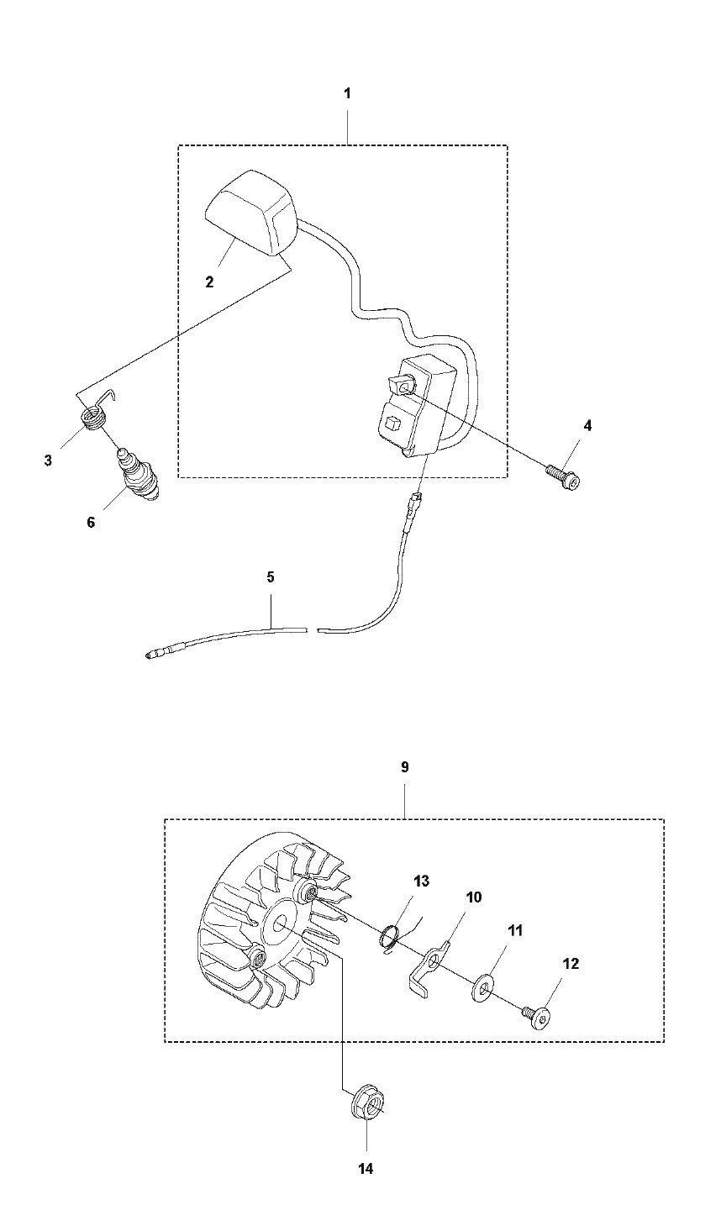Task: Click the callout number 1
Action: (348, 93)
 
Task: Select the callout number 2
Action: (209, 282)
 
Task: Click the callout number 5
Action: (270, 577)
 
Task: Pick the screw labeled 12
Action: (534, 1017)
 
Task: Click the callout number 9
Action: (405, 767)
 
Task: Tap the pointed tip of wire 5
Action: (147, 655)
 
